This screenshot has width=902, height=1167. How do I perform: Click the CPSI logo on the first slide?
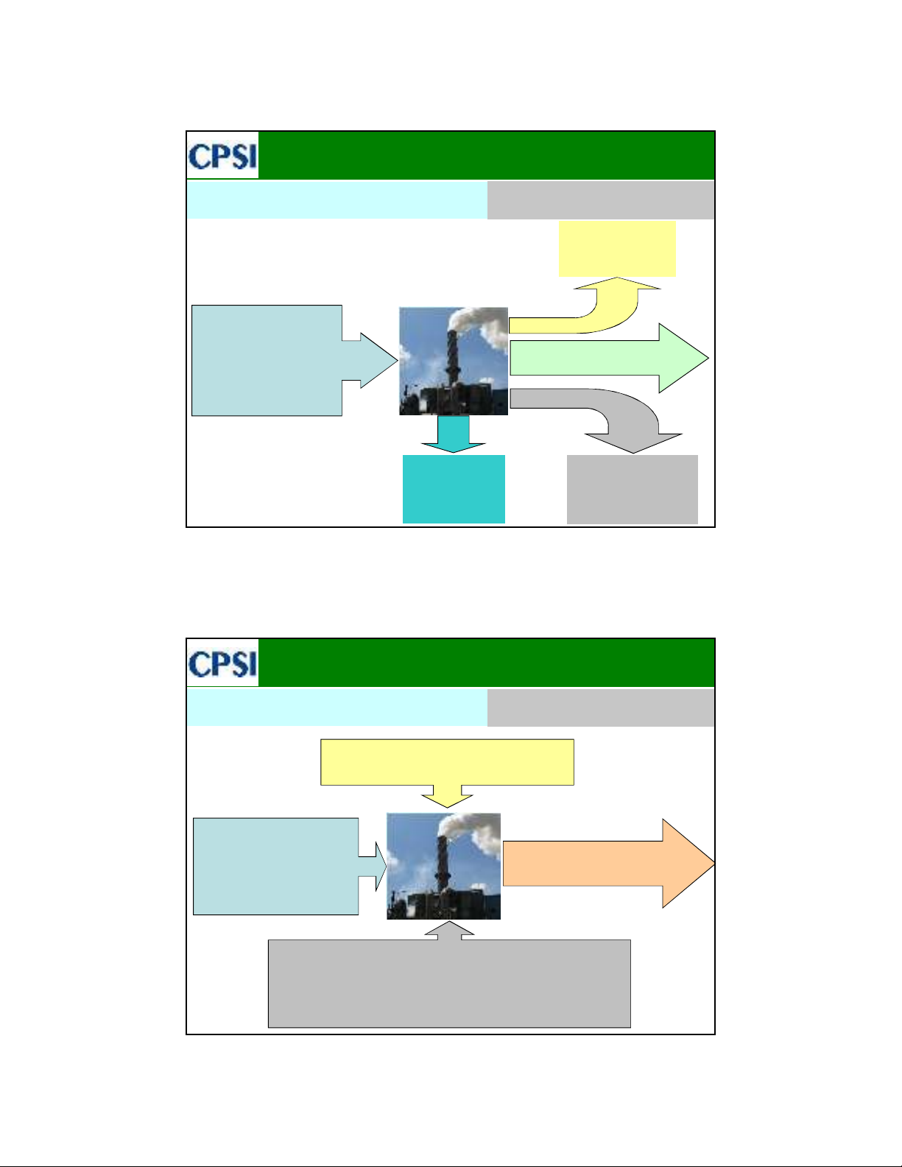(x=223, y=156)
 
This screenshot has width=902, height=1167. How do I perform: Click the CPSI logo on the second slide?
(x=223, y=663)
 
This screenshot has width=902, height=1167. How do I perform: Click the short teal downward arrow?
(x=454, y=434)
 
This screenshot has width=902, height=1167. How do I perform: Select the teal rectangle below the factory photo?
(x=454, y=489)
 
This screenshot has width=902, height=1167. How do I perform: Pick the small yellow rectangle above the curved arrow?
(x=618, y=249)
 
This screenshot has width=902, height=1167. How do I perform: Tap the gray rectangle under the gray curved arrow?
(x=633, y=489)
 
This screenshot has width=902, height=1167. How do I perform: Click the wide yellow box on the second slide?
(x=447, y=762)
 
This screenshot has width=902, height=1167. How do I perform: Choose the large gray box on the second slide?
(x=449, y=984)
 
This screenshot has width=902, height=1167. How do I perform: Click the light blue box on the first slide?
(x=267, y=360)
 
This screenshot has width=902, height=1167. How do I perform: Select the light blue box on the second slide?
(x=275, y=867)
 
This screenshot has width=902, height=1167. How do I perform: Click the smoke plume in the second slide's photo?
(x=470, y=830)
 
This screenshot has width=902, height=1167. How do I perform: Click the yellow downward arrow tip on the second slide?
(x=447, y=807)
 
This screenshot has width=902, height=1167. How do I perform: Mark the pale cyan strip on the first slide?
(x=337, y=200)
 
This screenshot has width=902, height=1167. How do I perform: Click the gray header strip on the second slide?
(x=601, y=708)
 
